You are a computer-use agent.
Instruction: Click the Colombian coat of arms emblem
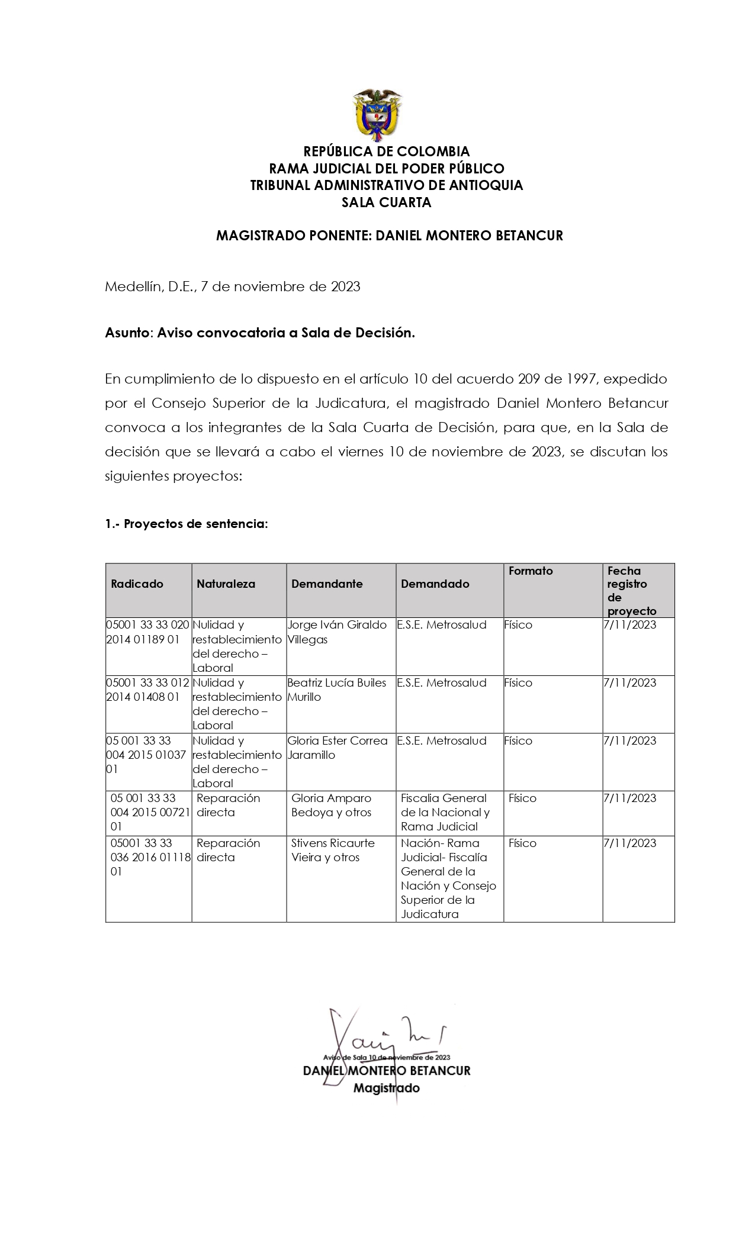point(377,115)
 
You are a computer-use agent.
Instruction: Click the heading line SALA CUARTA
point(386,202)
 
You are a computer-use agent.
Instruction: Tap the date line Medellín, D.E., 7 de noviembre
point(232,286)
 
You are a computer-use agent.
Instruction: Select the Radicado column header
point(137,584)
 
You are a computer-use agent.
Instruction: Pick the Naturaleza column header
point(226,584)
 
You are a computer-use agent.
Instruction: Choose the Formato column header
point(531,571)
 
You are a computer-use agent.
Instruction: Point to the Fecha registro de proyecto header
point(632,591)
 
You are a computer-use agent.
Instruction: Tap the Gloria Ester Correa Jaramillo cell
point(337,748)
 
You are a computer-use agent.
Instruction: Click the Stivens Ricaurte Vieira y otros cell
point(333,850)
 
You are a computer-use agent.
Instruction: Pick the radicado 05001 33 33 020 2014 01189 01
point(147,632)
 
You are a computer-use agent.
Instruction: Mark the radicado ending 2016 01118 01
point(149,857)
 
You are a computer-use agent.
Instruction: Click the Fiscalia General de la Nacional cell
point(445,812)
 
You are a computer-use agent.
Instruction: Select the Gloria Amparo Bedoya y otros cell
point(331,805)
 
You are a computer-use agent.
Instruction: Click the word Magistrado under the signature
point(386,1088)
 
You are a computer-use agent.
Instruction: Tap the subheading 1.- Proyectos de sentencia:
point(187,524)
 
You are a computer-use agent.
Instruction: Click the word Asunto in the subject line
point(127,333)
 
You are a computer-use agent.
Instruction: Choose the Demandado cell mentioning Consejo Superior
point(448,878)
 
